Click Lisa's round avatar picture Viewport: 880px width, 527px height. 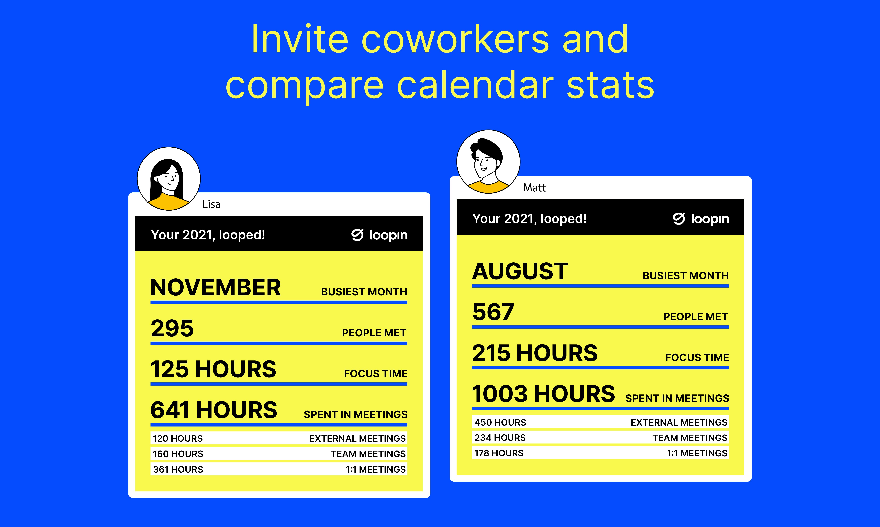[x=169, y=179]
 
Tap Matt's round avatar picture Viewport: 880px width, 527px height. [x=488, y=162]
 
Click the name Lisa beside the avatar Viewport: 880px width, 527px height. [x=211, y=204]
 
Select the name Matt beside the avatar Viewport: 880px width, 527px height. [x=534, y=188]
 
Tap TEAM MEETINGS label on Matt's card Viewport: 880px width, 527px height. [x=690, y=438]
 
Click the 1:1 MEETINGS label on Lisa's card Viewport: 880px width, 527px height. [x=376, y=469]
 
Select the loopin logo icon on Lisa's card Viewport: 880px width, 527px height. [x=358, y=235]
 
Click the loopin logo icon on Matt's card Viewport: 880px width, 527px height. [x=679, y=219]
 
